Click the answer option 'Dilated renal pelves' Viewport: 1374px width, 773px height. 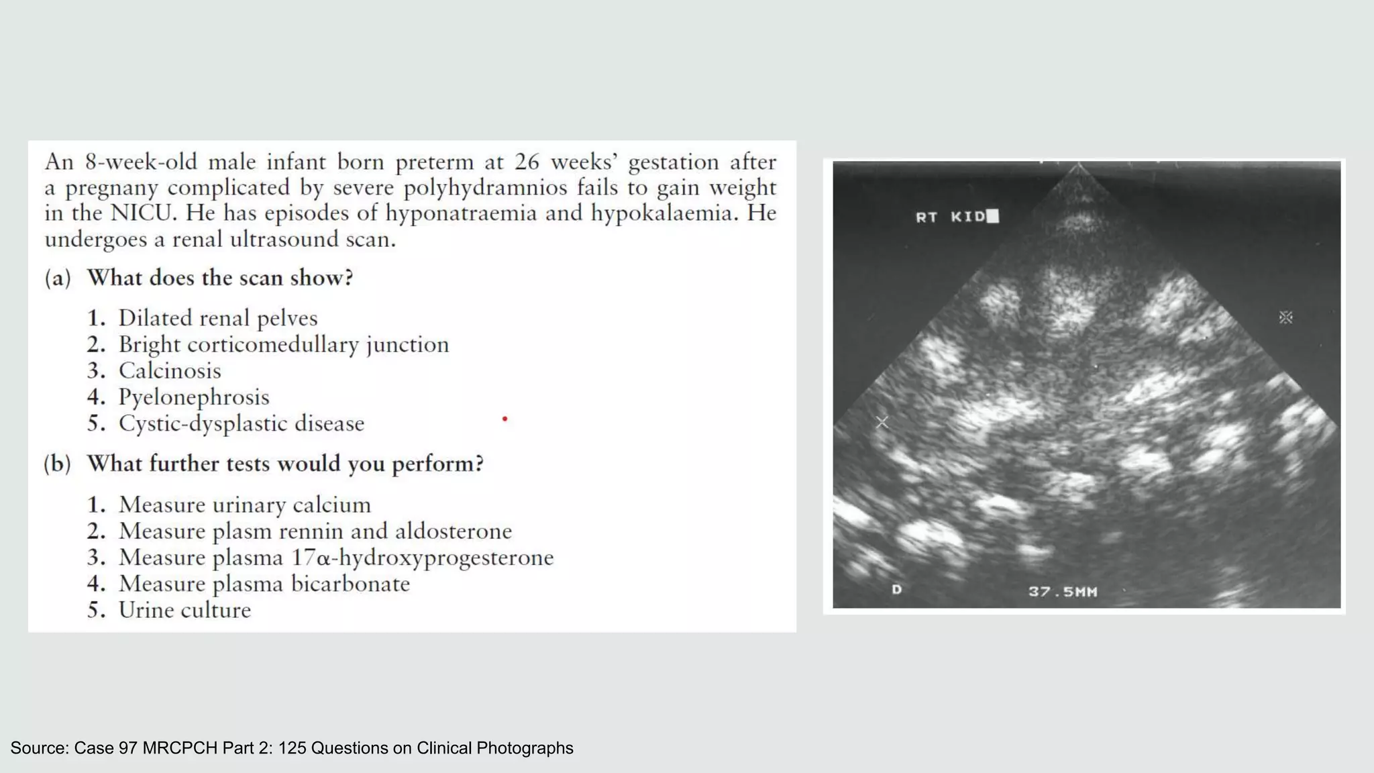click(x=217, y=318)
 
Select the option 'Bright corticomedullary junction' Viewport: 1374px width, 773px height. click(x=283, y=344)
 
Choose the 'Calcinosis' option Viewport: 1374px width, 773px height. click(x=169, y=370)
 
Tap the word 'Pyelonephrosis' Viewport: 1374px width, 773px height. click(x=194, y=397)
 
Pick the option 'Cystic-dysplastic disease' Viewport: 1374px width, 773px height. click(x=241, y=423)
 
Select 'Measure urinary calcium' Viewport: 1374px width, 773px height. click(x=244, y=505)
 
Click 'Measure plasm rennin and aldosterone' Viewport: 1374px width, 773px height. click(x=315, y=531)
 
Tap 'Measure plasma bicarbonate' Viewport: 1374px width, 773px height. click(x=264, y=584)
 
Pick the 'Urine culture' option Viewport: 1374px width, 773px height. click(x=184, y=610)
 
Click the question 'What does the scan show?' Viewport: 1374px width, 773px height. click(x=220, y=278)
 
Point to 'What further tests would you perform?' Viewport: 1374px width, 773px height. click(x=285, y=464)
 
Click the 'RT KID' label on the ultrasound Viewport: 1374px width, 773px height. click(x=951, y=217)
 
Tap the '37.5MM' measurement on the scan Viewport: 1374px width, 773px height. click(x=1063, y=592)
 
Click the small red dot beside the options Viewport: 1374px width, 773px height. click(x=505, y=419)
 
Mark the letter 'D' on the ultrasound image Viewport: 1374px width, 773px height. click(x=896, y=590)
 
